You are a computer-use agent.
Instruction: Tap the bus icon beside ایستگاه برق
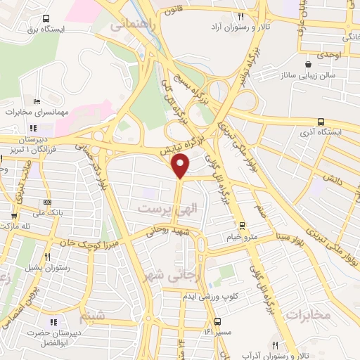pyautogui.click(x=46, y=19)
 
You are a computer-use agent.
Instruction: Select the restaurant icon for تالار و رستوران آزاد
pyautogui.click(x=240, y=15)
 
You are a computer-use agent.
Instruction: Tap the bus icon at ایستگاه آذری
pyautogui.click(x=321, y=121)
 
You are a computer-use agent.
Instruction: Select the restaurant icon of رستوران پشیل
pyautogui.click(x=47, y=257)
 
